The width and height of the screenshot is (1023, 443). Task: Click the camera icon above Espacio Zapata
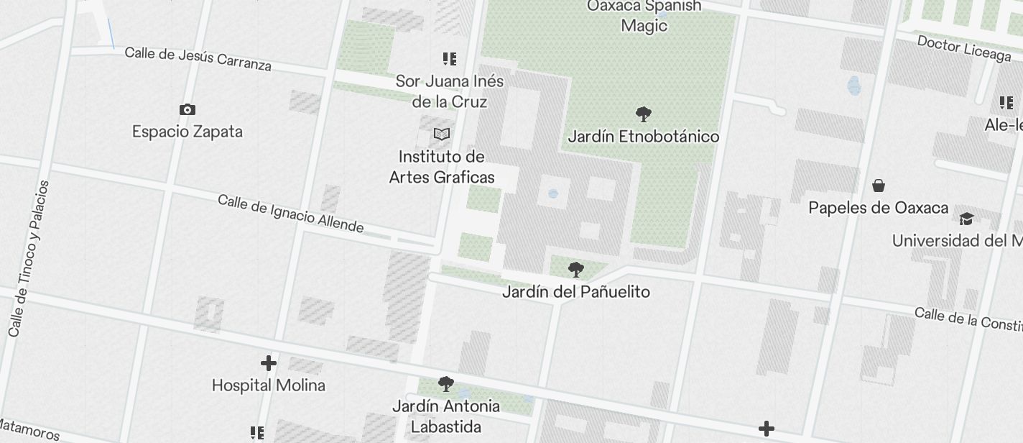(188, 109)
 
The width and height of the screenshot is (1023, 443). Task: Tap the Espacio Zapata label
(188, 132)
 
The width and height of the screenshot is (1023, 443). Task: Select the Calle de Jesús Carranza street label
(198, 59)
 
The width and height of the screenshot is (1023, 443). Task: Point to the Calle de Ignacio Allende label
(290, 214)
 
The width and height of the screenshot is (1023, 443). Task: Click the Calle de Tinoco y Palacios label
(29, 258)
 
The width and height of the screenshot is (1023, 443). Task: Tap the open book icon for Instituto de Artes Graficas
(442, 134)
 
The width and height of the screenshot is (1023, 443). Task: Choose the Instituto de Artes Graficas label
(442, 167)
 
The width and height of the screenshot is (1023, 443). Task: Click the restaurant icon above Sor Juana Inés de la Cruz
(450, 59)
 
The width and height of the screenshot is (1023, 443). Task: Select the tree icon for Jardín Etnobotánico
(644, 114)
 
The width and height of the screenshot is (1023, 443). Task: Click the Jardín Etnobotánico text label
(644, 137)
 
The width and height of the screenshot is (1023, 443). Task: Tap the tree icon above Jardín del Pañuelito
(575, 270)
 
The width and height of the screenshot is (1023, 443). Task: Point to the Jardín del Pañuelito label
(575, 292)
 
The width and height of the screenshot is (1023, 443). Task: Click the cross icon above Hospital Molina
(269, 363)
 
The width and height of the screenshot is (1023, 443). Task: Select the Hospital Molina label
(269, 385)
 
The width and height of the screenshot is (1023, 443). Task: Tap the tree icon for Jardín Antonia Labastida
(446, 383)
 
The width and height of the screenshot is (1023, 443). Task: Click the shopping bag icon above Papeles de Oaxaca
(878, 186)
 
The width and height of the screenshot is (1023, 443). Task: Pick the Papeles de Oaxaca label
(878, 209)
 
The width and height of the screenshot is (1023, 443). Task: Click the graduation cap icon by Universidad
(966, 219)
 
